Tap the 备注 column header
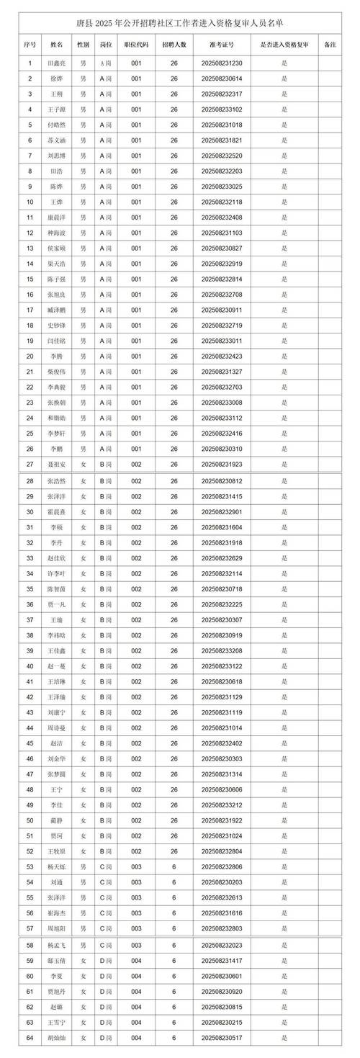click(x=330, y=45)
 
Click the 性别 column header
click(x=84, y=45)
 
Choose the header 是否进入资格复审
click(x=284, y=45)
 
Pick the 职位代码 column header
click(x=136, y=45)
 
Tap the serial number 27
click(x=30, y=464)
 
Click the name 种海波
click(x=57, y=233)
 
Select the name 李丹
click(x=57, y=542)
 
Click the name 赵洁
click(x=57, y=743)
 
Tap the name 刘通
click(x=57, y=882)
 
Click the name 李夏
click(x=57, y=976)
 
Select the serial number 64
click(x=30, y=1038)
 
